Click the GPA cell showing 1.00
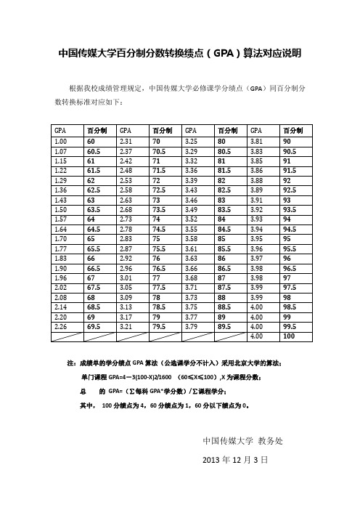click(x=61, y=141)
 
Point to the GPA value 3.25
click(x=192, y=141)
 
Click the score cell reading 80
click(x=222, y=141)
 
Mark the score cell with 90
click(x=288, y=141)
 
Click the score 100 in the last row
click(x=290, y=336)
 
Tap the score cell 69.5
click(x=92, y=327)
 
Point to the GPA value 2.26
click(x=61, y=327)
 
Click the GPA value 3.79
click(x=192, y=327)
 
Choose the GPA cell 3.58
click(x=192, y=237)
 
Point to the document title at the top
click(x=179, y=54)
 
